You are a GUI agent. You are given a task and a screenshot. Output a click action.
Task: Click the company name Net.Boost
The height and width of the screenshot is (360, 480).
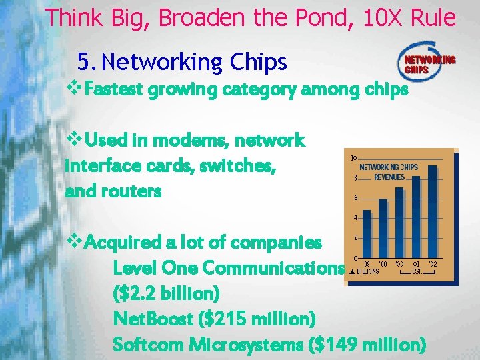tap(153, 319)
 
